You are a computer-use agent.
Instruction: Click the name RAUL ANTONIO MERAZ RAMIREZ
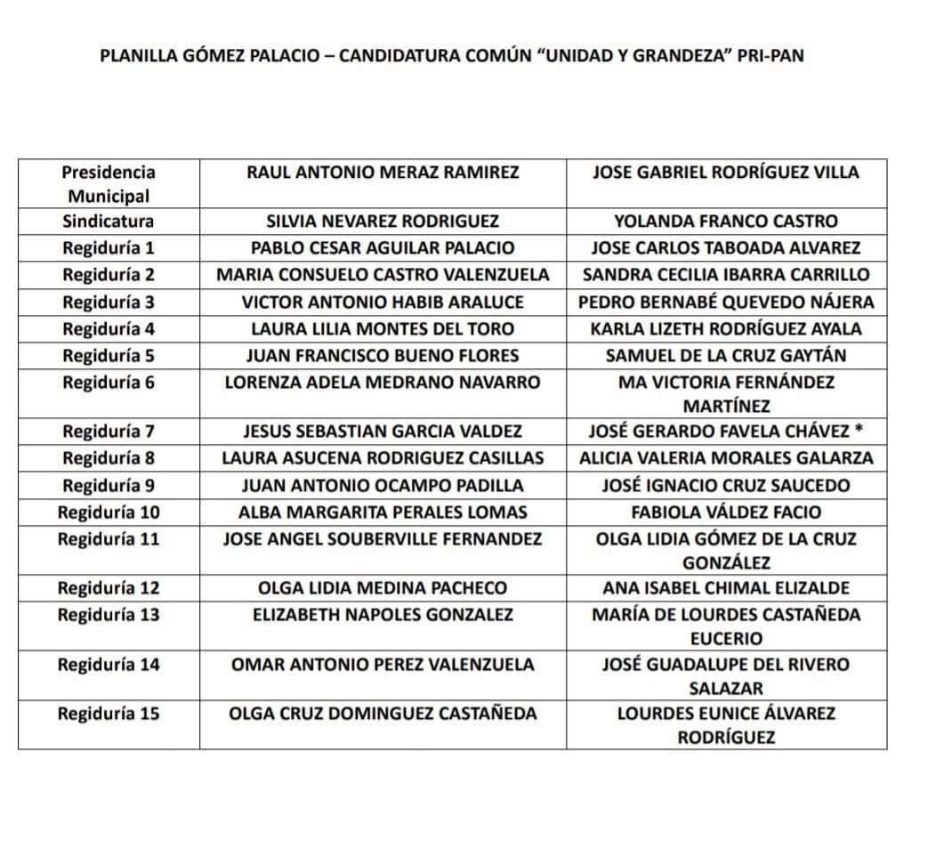tap(383, 172)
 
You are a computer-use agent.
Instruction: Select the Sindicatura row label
tap(109, 221)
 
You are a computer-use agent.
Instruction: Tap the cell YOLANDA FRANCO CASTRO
tap(726, 221)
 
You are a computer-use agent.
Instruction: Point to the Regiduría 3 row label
tap(109, 302)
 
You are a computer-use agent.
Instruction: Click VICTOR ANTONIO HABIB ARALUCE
tap(383, 302)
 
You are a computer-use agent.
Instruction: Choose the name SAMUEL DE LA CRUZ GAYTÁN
tap(726, 355)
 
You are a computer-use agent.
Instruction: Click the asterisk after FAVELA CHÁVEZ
tap(859, 430)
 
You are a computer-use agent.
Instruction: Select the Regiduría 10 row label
tap(109, 512)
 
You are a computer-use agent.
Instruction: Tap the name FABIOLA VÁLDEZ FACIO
tap(726, 512)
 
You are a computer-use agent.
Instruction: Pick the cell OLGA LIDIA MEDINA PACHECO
tap(383, 587)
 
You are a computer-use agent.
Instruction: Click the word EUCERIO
tap(726, 638)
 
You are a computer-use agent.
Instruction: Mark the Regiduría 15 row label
tap(109, 713)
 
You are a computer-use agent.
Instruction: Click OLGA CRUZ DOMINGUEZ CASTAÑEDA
tap(383, 713)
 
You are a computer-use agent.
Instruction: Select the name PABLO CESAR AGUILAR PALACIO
tap(383, 247)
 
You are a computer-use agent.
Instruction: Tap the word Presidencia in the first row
tap(109, 172)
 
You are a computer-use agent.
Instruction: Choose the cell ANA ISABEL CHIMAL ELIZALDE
tap(726, 587)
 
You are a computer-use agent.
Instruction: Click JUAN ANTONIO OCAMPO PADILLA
tap(383, 485)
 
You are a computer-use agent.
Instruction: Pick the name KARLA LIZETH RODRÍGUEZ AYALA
tap(726, 328)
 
